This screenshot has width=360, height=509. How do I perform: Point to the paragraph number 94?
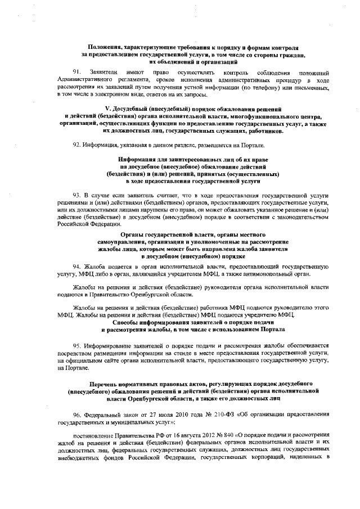[x=77, y=264]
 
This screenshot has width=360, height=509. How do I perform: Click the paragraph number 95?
[x=77, y=344]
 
